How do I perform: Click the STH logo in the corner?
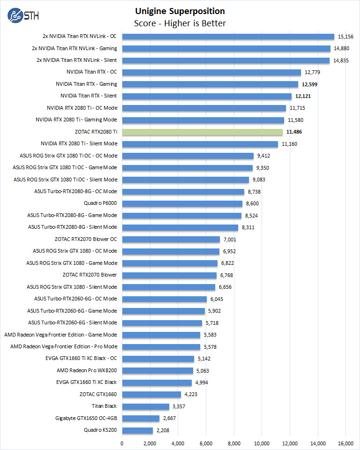tap(23, 15)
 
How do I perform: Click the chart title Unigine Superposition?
tap(180, 11)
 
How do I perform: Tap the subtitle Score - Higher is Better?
tap(180, 23)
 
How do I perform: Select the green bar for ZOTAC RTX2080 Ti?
tap(202, 132)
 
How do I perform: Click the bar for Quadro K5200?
tap(137, 430)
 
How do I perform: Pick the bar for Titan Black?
tap(145, 406)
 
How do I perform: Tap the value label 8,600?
tap(252, 203)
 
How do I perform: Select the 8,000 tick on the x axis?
tap(234, 443)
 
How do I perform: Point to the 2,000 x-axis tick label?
tap(150, 443)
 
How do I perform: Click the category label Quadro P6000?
tap(100, 203)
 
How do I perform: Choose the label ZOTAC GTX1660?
tap(98, 394)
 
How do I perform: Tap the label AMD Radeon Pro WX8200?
tap(87, 370)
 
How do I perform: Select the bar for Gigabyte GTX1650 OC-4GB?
tap(141, 418)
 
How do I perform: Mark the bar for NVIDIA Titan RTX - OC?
tap(211, 72)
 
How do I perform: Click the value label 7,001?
tap(229, 240)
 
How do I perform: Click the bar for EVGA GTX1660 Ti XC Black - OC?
tap(158, 359)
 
